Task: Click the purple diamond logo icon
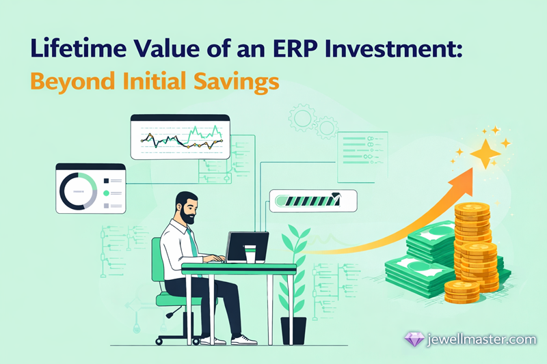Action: pos(414,339)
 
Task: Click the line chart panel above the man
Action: pos(181,138)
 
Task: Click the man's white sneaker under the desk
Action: pos(244,340)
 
